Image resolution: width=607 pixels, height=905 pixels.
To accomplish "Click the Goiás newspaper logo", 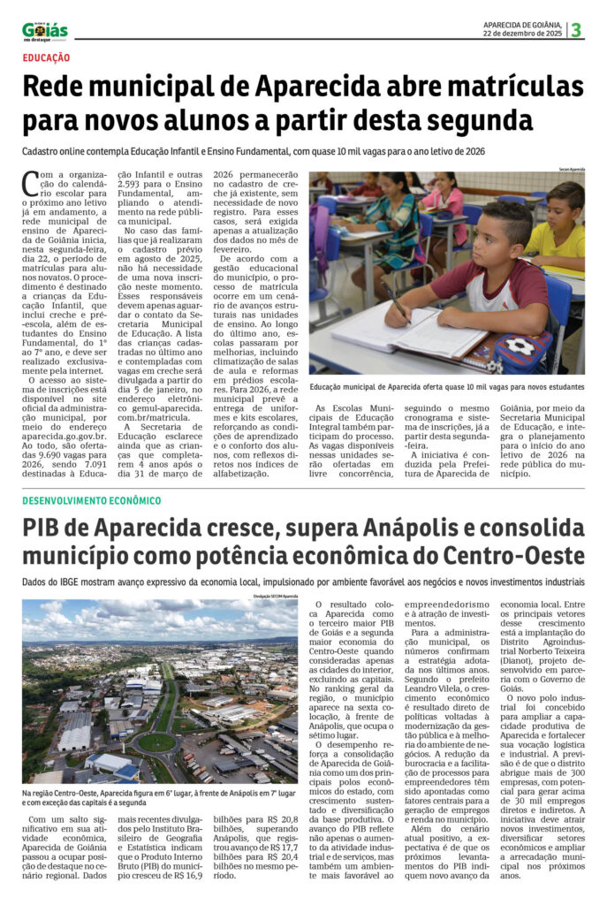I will tap(44, 30).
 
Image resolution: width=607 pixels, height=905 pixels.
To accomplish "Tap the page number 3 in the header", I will tap(576, 30).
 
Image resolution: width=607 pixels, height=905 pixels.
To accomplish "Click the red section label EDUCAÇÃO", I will tap(47, 57).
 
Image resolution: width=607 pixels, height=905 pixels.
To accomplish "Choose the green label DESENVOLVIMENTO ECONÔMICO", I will tap(92, 500).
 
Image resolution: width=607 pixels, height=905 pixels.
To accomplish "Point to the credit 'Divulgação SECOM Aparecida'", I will tap(273, 597).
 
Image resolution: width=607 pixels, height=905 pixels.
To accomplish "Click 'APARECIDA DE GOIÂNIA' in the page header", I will tap(522, 23).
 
